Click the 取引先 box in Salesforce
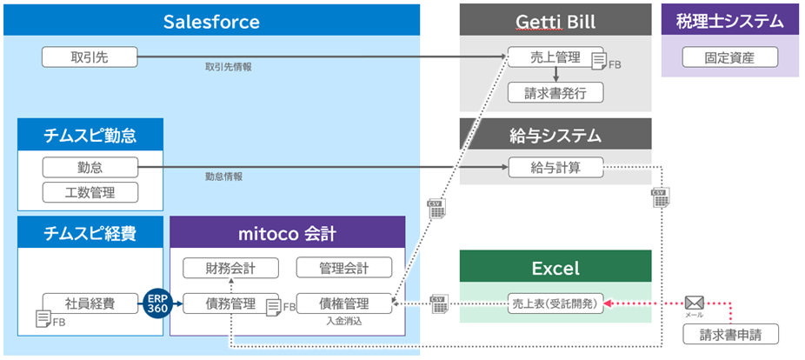point(90,58)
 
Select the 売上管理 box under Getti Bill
point(555,57)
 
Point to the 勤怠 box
point(90,166)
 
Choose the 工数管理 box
point(90,191)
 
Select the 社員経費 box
point(90,303)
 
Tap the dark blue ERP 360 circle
point(157,303)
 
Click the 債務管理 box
point(230,303)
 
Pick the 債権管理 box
point(344,303)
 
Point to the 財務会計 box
point(230,267)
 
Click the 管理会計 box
point(344,267)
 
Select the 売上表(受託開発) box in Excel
point(555,303)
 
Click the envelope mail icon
point(694,303)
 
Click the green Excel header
point(555,266)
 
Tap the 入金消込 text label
point(344,322)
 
